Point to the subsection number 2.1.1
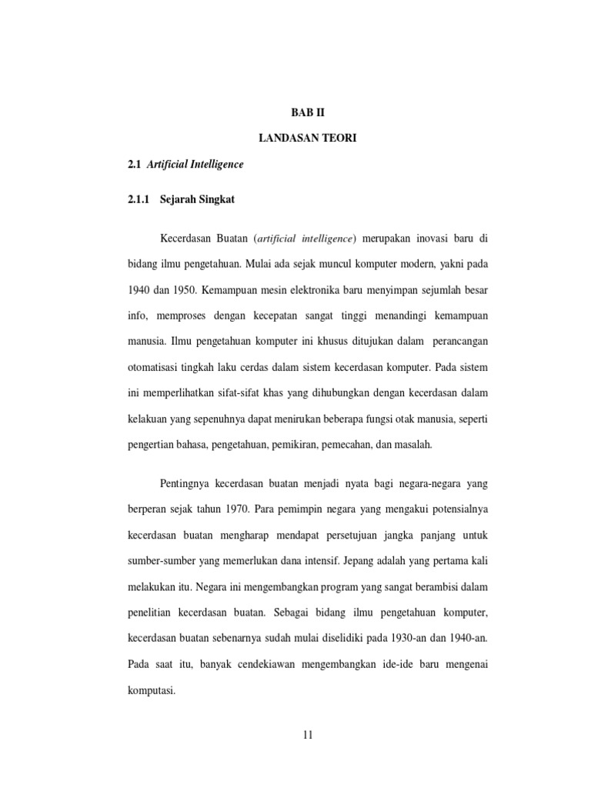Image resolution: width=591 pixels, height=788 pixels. pyautogui.click(x=142, y=199)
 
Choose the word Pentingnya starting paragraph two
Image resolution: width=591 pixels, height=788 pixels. pyautogui.click(x=185, y=482)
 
